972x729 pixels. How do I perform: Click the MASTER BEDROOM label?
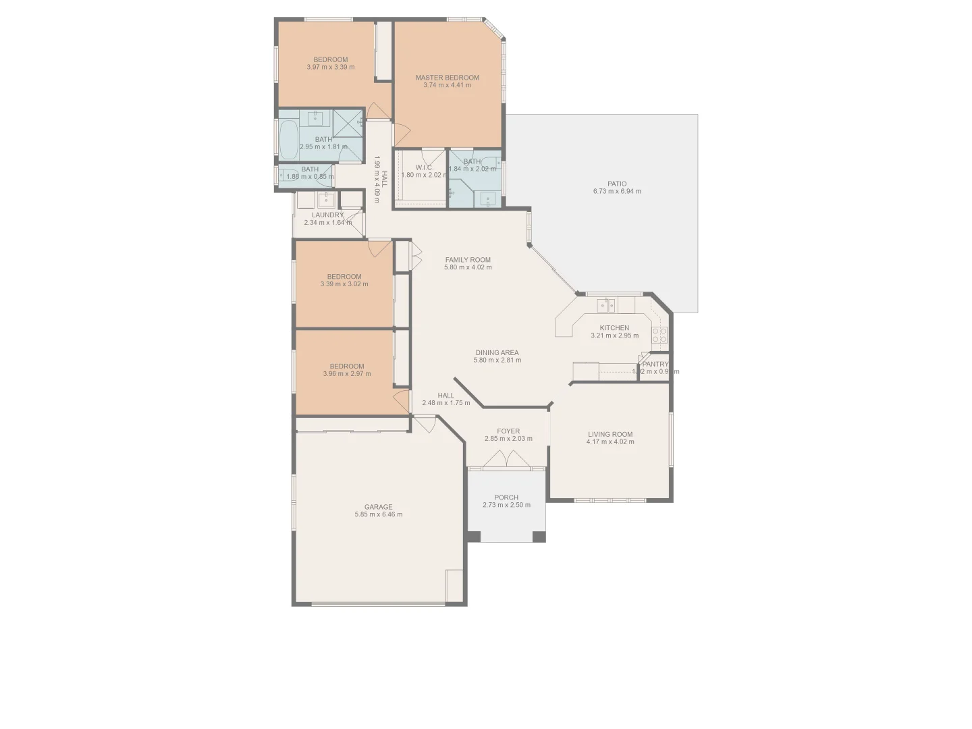447,78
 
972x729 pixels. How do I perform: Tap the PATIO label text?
616,184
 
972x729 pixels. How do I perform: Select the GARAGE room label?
378,507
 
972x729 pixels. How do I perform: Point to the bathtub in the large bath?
289,139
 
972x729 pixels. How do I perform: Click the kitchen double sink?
605,306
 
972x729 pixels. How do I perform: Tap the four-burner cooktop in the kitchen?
659,335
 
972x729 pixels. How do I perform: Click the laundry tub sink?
327,199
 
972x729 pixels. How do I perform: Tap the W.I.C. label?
424,167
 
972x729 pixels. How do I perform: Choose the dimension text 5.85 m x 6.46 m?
378,514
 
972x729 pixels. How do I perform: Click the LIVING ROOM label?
610,435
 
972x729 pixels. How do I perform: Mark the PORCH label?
506,497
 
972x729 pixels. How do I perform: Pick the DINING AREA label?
497,352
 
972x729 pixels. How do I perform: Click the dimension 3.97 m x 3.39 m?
330,67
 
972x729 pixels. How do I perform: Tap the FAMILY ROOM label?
468,260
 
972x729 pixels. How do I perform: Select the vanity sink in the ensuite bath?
487,198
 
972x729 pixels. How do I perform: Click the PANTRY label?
655,364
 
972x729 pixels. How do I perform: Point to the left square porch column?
474,537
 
